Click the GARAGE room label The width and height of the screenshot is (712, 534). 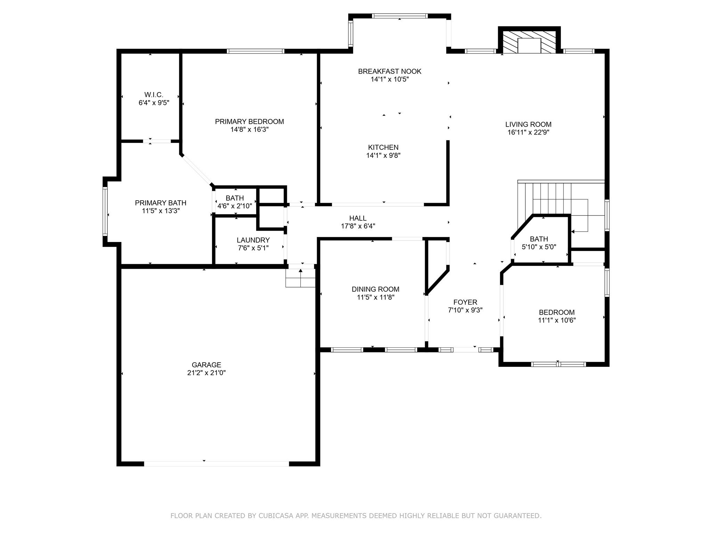click(x=206, y=365)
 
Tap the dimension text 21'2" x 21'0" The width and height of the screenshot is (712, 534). click(x=206, y=373)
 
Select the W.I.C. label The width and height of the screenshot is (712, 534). click(x=154, y=95)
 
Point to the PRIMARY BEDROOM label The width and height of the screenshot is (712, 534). click(x=249, y=121)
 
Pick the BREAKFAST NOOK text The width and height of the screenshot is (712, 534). click(x=389, y=71)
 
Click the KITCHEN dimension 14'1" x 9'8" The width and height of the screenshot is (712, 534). click(x=383, y=155)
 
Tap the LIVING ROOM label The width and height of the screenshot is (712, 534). click(x=528, y=124)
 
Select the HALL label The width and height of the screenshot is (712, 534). click(x=358, y=218)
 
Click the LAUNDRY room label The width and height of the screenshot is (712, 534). click(x=253, y=240)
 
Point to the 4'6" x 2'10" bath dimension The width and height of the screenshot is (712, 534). click(x=235, y=206)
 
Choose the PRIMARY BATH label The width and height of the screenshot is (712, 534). click(x=161, y=203)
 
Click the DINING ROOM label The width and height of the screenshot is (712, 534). click(x=375, y=289)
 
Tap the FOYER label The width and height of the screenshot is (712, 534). click(x=465, y=302)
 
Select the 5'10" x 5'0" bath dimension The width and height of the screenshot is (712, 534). click(x=539, y=247)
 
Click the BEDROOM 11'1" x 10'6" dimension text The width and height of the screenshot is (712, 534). click(x=557, y=320)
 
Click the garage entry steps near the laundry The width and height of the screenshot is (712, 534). click(x=300, y=278)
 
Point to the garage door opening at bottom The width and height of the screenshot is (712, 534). click(x=216, y=463)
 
